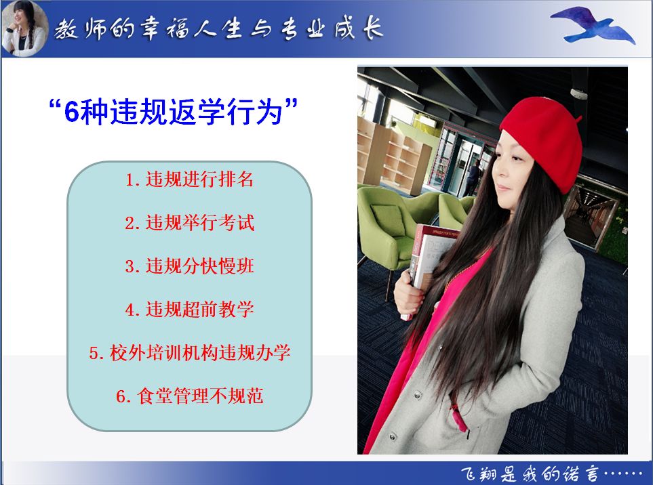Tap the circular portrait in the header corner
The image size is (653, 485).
pyautogui.click(x=24, y=28)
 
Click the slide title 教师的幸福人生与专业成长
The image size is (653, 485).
pyautogui.click(x=218, y=28)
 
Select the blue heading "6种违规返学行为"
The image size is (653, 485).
pyautogui.click(x=173, y=111)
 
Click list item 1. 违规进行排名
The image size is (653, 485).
pyautogui.click(x=189, y=180)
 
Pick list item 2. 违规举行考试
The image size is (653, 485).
pyautogui.click(x=189, y=223)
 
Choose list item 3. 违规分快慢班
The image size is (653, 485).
pyautogui.click(x=189, y=266)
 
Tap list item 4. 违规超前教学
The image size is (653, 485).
pyautogui.click(x=189, y=310)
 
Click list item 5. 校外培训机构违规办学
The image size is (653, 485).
pyautogui.click(x=189, y=353)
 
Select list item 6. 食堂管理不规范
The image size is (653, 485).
pyautogui.click(x=189, y=396)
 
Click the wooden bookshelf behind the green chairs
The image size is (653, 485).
pyautogui.click(x=393, y=154)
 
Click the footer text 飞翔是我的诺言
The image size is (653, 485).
pyautogui.click(x=530, y=473)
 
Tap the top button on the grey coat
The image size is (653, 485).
pyautogui.click(x=417, y=395)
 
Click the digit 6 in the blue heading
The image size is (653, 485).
pyautogui.click(x=72, y=112)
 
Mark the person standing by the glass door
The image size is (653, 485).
pyautogui.click(x=472, y=177)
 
